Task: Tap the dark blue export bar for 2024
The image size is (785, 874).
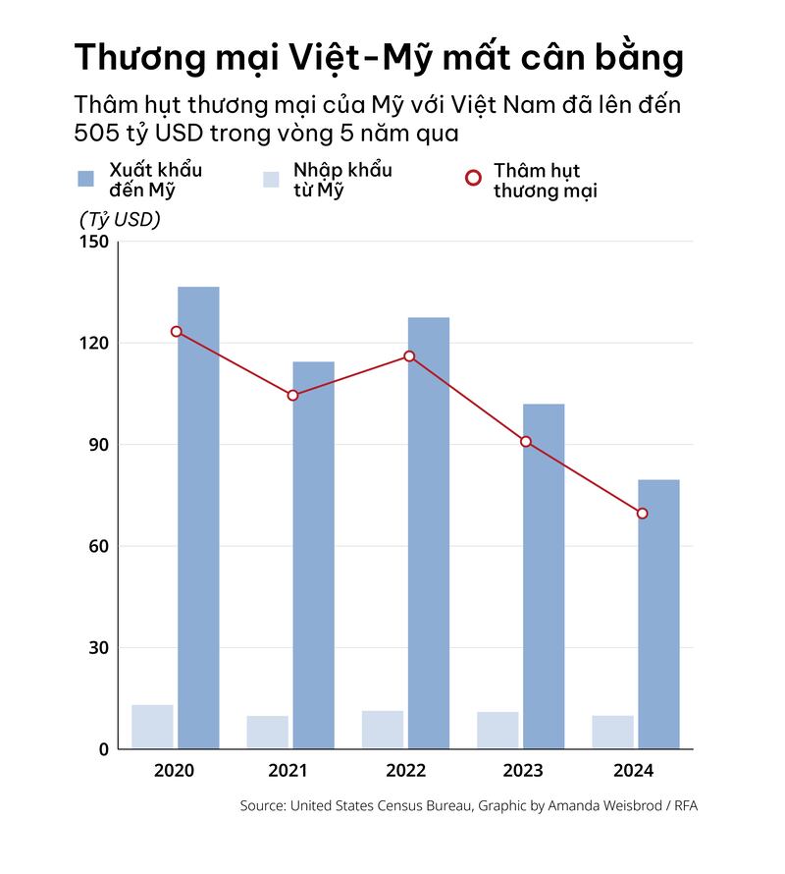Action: (658, 614)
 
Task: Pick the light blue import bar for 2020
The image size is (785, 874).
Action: (152, 727)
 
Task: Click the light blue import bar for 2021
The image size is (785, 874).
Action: (267, 733)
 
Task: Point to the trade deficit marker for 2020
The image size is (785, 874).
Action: (176, 332)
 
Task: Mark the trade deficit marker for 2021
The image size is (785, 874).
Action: (292, 396)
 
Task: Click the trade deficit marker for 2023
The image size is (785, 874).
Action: (526, 442)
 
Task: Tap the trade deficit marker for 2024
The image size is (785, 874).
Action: (642, 514)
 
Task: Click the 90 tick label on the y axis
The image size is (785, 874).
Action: (97, 445)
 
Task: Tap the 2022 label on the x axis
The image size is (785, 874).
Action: (404, 771)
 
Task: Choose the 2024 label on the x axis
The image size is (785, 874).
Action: (634, 771)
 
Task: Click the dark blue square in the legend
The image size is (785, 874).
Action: (86, 178)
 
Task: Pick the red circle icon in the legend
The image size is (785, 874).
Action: (473, 178)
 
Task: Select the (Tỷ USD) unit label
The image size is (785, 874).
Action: (120, 220)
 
